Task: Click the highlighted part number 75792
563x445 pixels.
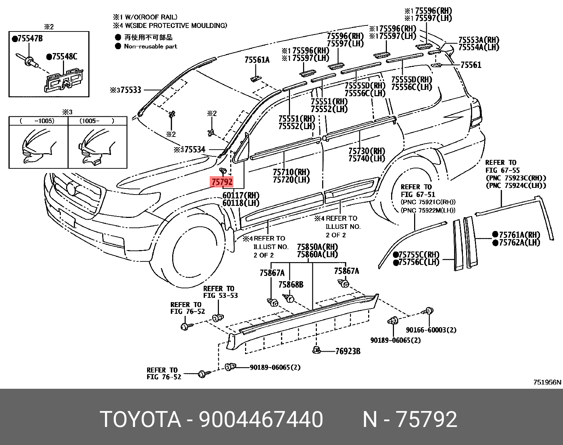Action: [x=222, y=182]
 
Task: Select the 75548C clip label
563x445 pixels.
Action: [x=62, y=56]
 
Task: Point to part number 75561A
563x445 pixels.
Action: [x=257, y=60]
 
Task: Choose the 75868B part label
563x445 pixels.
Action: [x=290, y=285]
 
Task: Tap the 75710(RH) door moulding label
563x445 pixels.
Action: [x=291, y=172]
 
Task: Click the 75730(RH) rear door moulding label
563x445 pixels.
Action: [x=366, y=151]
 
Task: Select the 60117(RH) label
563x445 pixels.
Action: [x=241, y=195]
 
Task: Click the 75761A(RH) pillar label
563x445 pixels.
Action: [x=516, y=235]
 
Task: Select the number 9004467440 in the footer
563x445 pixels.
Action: [x=261, y=420]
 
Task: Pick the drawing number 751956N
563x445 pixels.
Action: [x=547, y=382]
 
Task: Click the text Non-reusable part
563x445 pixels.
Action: [x=150, y=46]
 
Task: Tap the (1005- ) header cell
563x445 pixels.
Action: [x=97, y=121]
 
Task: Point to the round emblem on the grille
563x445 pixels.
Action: [x=71, y=189]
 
